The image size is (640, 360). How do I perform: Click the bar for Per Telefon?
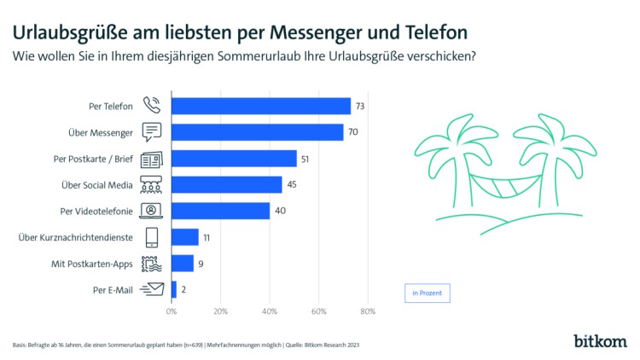tap(261, 106)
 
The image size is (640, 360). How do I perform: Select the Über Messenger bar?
tap(257, 132)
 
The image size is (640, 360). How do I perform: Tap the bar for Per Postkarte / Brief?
tap(234, 159)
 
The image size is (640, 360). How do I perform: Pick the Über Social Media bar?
tap(226, 184)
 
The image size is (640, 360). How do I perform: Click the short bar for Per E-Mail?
tap(174, 289)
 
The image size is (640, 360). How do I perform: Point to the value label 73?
tap(360, 106)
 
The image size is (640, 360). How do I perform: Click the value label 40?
tap(279, 211)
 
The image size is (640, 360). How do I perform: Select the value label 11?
tap(207, 237)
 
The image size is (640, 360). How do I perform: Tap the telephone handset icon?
tap(152, 106)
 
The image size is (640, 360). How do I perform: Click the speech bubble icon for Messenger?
tap(152, 132)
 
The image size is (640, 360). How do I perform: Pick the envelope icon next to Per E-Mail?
tap(151, 289)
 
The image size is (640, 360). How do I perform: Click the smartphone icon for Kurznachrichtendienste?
tap(152, 237)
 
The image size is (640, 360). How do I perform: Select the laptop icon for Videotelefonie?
tap(152, 211)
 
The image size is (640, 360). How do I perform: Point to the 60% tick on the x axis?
tap(319, 311)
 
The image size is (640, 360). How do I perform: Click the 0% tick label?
tap(172, 311)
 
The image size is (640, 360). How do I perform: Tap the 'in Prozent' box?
tap(427, 293)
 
